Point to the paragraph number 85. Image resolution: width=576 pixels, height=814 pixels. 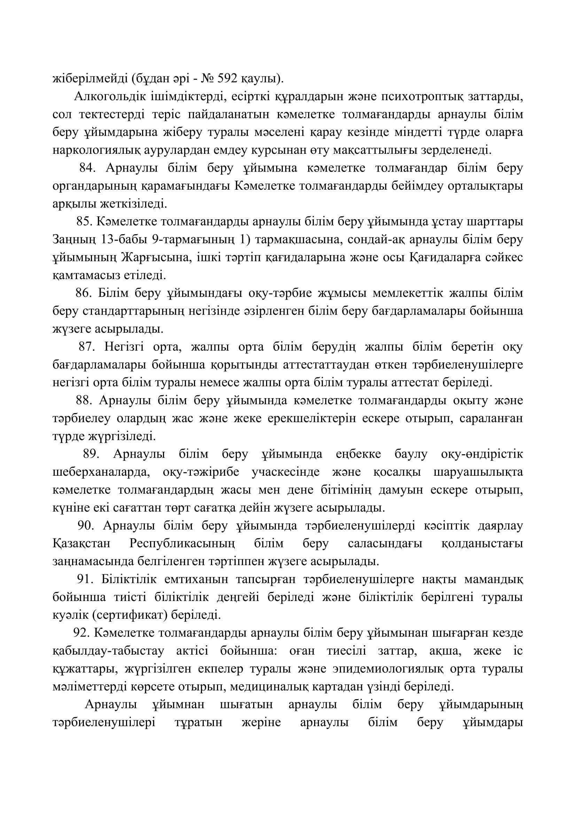(x=84, y=222)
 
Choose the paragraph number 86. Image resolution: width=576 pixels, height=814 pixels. (x=83, y=294)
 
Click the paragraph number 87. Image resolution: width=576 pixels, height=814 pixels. (x=87, y=347)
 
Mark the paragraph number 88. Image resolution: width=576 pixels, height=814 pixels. (x=84, y=401)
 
